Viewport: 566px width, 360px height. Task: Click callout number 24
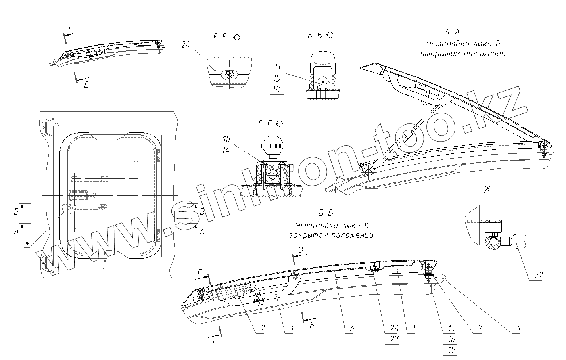186,45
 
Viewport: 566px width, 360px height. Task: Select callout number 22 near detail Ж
538,276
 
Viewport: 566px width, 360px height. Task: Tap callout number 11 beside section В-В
276,68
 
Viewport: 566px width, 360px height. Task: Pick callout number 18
276,89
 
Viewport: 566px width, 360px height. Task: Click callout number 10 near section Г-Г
226,139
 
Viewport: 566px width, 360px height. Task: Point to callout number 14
226,150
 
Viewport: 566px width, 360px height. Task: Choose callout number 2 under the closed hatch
262,329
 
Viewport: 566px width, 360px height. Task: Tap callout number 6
351,329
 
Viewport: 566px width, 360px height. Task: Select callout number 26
394,329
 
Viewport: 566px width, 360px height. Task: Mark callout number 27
394,339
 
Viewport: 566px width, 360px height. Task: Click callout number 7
480,329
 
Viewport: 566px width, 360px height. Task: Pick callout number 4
518,329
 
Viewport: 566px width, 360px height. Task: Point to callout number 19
451,350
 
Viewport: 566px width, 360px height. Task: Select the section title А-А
452,32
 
